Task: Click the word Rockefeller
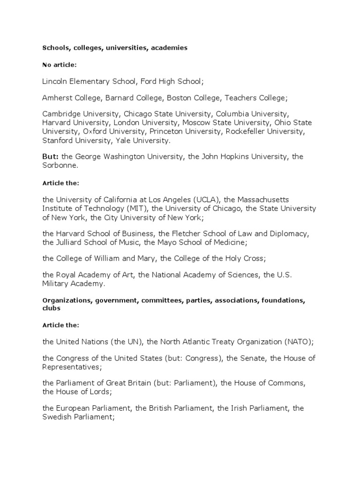pos(248,131)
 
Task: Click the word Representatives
pos(70,367)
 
